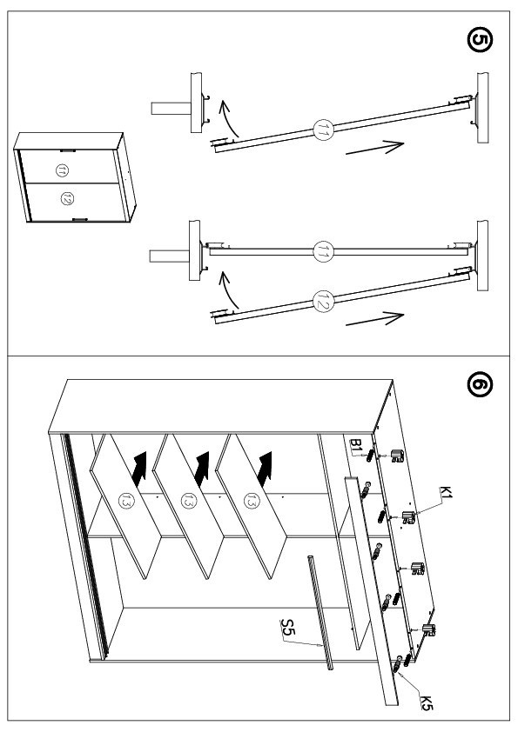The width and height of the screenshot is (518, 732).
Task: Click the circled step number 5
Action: [479, 40]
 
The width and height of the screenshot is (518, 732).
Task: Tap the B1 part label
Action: [356, 445]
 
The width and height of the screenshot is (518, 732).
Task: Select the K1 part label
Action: [446, 492]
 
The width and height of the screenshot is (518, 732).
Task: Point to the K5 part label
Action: [426, 702]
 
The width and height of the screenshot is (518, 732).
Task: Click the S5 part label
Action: [287, 628]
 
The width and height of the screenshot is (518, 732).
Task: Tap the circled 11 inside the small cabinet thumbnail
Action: [62, 171]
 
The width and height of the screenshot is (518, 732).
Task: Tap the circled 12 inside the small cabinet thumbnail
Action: [67, 199]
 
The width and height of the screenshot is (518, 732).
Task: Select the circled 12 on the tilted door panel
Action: [324, 301]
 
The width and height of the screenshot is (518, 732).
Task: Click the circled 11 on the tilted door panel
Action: [324, 130]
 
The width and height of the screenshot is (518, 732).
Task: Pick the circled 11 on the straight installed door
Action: [324, 251]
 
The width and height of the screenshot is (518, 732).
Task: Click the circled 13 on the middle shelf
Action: [188, 502]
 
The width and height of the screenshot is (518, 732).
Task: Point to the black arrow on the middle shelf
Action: [203, 469]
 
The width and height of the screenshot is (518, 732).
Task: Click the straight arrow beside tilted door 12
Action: [375, 319]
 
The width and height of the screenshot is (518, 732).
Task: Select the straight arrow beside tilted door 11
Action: [375, 147]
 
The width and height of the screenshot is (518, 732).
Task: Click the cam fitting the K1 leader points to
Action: [409, 516]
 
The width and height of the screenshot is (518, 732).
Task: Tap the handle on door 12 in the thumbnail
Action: [80, 219]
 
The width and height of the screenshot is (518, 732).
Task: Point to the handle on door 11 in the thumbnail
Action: [68, 150]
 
